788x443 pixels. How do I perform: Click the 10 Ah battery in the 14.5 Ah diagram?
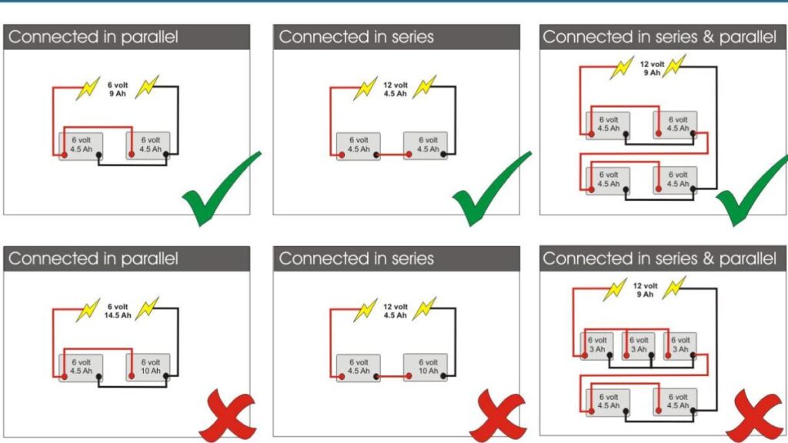149,366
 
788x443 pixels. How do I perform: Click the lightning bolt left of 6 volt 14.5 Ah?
86,310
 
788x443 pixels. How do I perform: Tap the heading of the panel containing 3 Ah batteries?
659,258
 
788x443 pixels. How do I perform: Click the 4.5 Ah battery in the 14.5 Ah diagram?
81,366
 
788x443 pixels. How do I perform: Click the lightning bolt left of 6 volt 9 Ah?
87,88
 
